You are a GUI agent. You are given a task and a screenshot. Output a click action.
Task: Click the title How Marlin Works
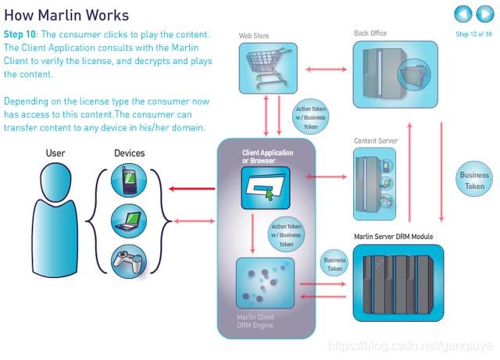tap(66, 16)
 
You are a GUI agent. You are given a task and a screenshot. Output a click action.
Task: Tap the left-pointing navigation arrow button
tap(463, 13)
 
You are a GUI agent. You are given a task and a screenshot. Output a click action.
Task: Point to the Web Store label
tap(255, 36)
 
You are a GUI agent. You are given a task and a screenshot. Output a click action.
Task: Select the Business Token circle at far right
tap(474, 180)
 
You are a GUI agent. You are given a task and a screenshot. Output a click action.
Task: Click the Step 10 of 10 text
tap(473, 34)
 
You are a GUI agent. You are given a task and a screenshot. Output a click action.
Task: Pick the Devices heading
tap(129, 153)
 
